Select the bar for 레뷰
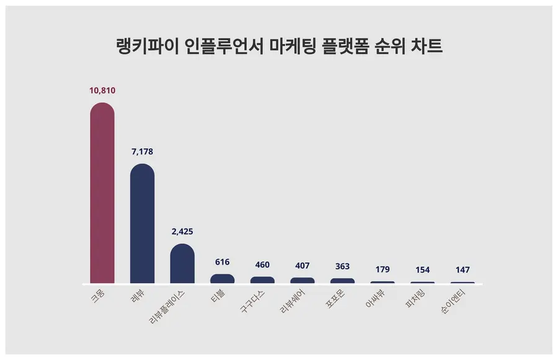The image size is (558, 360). (x=142, y=224)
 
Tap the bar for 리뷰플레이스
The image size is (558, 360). (x=182, y=264)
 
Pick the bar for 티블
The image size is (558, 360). (x=223, y=279)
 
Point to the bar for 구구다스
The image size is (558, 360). (x=262, y=280)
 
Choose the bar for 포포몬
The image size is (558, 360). (x=342, y=281)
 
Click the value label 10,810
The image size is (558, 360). (x=102, y=90)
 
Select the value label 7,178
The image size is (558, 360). (x=142, y=152)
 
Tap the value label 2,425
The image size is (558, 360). (x=182, y=232)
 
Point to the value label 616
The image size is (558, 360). (x=223, y=262)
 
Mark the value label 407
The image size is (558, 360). (x=303, y=266)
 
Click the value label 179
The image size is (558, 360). (x=383, y=270)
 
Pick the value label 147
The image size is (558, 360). (x=463, y=270)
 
